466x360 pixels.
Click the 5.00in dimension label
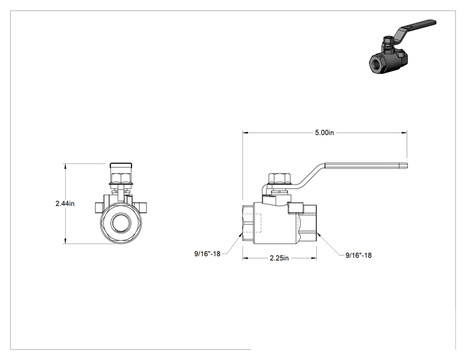[324, 133]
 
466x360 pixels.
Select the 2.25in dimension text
[279, 258]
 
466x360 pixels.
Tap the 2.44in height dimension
[65, 203]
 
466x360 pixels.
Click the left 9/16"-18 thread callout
[207, 254]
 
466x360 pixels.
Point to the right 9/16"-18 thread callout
[358, 255]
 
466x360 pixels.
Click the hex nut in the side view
[280, 178]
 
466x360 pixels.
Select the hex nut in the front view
[121, 178]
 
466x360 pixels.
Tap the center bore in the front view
[121, 223]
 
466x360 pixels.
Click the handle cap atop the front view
[121, 165]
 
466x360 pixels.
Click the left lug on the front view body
[99, 207]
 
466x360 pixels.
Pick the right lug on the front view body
[142, 207]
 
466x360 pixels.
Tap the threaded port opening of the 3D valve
[376, 63]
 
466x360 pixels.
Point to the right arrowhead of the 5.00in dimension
[404, 133]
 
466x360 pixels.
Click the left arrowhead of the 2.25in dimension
[246, 258]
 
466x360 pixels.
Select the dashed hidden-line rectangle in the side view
[252, 223]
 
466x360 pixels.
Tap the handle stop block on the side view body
[295, 208]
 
